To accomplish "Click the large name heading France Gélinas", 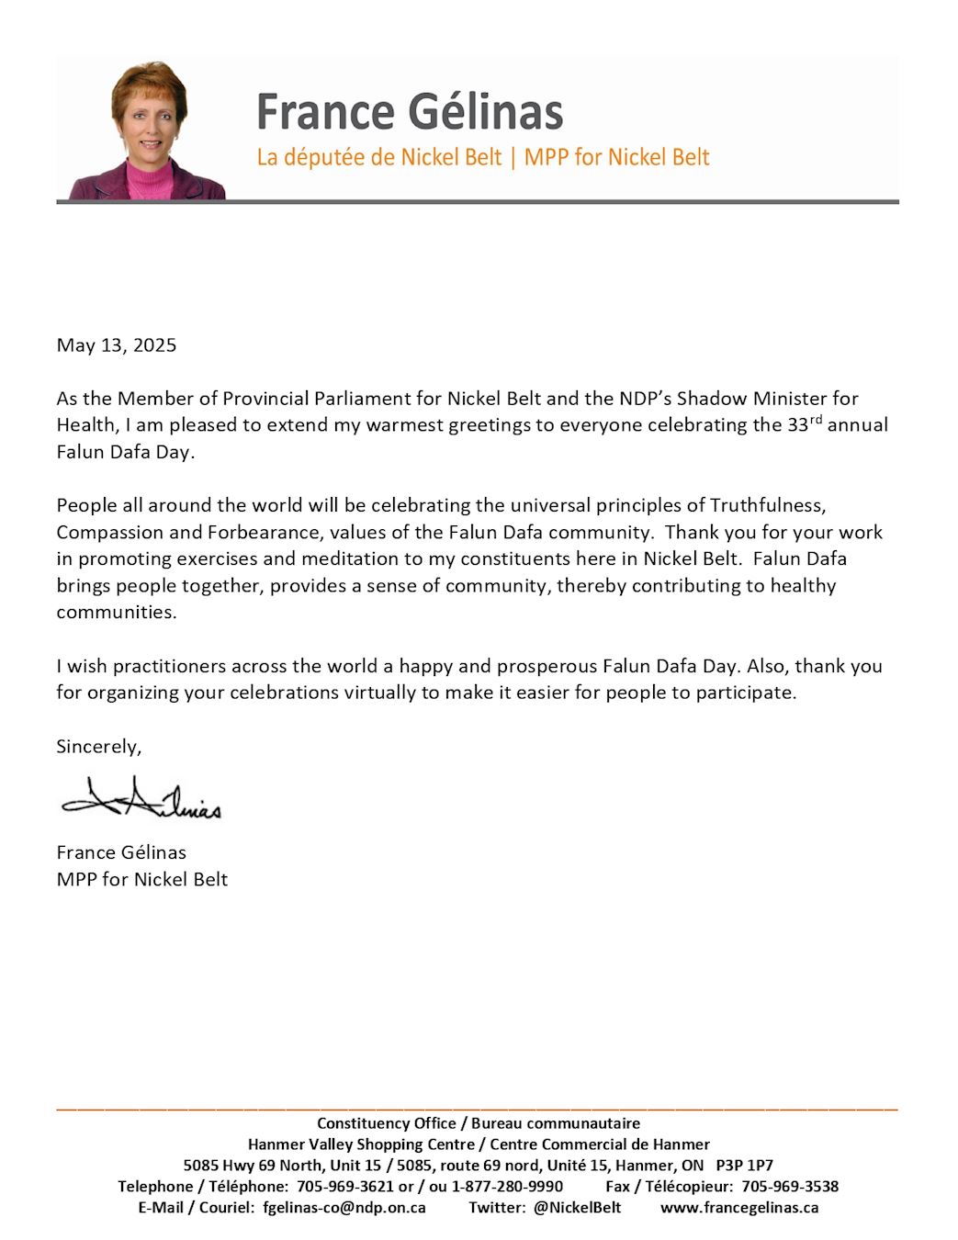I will (409, 112).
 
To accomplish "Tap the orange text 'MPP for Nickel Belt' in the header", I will (616, 157).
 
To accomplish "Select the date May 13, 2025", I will (117, 345).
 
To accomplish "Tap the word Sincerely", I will (99, 746).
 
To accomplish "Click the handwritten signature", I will (141, 798).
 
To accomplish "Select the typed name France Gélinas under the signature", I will (121, 852).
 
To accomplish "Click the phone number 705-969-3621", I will (344, 1187).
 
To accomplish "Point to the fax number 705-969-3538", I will (790, 1187).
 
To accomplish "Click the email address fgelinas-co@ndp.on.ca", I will (344, 1208).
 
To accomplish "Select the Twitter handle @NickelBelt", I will (577, 1208).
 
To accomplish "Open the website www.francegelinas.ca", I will (739, 1208).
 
